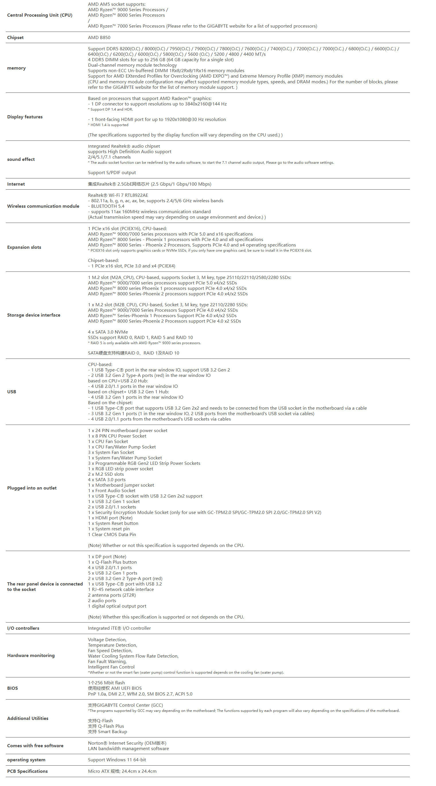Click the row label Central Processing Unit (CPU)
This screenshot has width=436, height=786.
click(40, 15)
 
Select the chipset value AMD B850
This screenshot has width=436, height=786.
click(99, 38)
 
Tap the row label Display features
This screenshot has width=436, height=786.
click(25, 117)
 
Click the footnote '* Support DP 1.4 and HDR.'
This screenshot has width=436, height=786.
click(110, 109)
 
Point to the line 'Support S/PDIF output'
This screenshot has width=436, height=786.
click(112, 173)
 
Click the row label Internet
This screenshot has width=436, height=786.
click(16, 184)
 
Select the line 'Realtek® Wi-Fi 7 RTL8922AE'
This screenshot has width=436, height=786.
click(118, 195)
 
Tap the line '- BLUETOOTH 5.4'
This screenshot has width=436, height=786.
click(106, 206)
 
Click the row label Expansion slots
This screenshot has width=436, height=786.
click(24, 247)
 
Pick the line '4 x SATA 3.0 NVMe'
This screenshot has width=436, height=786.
click(108, 332)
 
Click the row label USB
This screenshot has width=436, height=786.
click(11, 392)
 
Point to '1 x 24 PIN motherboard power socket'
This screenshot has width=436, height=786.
click(128, 431)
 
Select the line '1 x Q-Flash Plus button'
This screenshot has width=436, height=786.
click(112, 562)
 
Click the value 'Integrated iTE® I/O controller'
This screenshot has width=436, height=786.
click(119, 628)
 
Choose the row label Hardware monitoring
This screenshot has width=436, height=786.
click(31, 655)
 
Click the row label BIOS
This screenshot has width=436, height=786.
click(13, 688)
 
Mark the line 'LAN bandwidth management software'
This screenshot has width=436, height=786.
click(128, 748)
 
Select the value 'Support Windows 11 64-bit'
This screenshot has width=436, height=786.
click(117, 760)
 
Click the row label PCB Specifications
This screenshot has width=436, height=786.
click(28, 771)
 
